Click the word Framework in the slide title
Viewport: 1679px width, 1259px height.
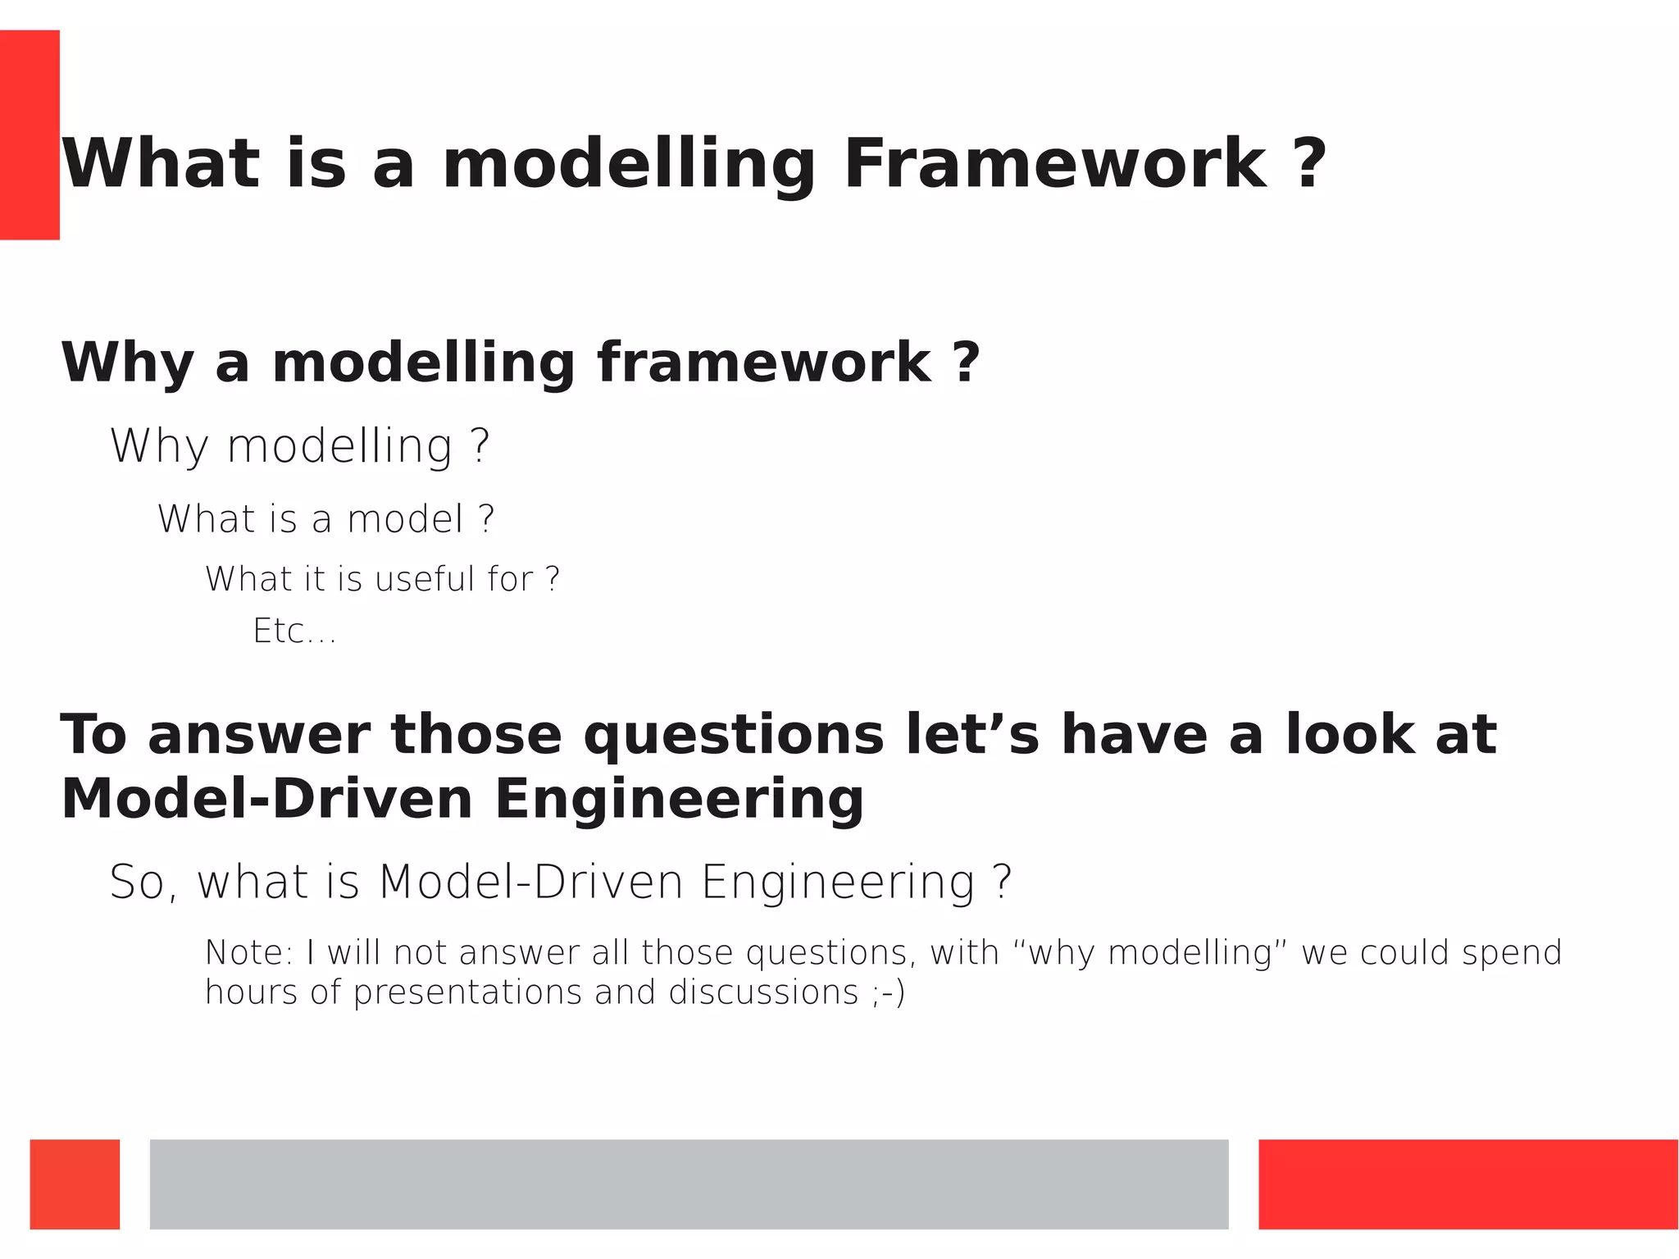tap(1055, 164)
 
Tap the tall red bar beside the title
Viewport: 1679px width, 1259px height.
tap(30, 135)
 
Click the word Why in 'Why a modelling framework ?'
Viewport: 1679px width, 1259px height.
tap(127, 363)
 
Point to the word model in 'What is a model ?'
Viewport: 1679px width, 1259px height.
tap(406, 519)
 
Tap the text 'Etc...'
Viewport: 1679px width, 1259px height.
tap(294, 632)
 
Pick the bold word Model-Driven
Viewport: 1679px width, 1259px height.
tap(266, 800)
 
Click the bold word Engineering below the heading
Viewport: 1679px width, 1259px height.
tap(679, 800)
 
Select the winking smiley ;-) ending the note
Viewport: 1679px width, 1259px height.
tap(889, 993)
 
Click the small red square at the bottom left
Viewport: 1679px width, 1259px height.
tap(75, 1184)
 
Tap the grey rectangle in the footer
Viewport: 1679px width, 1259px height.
tap(689, 1184)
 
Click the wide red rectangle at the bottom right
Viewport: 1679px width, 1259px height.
tap(1467, 1184)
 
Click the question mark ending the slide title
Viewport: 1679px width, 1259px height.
tap(1311, 164)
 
